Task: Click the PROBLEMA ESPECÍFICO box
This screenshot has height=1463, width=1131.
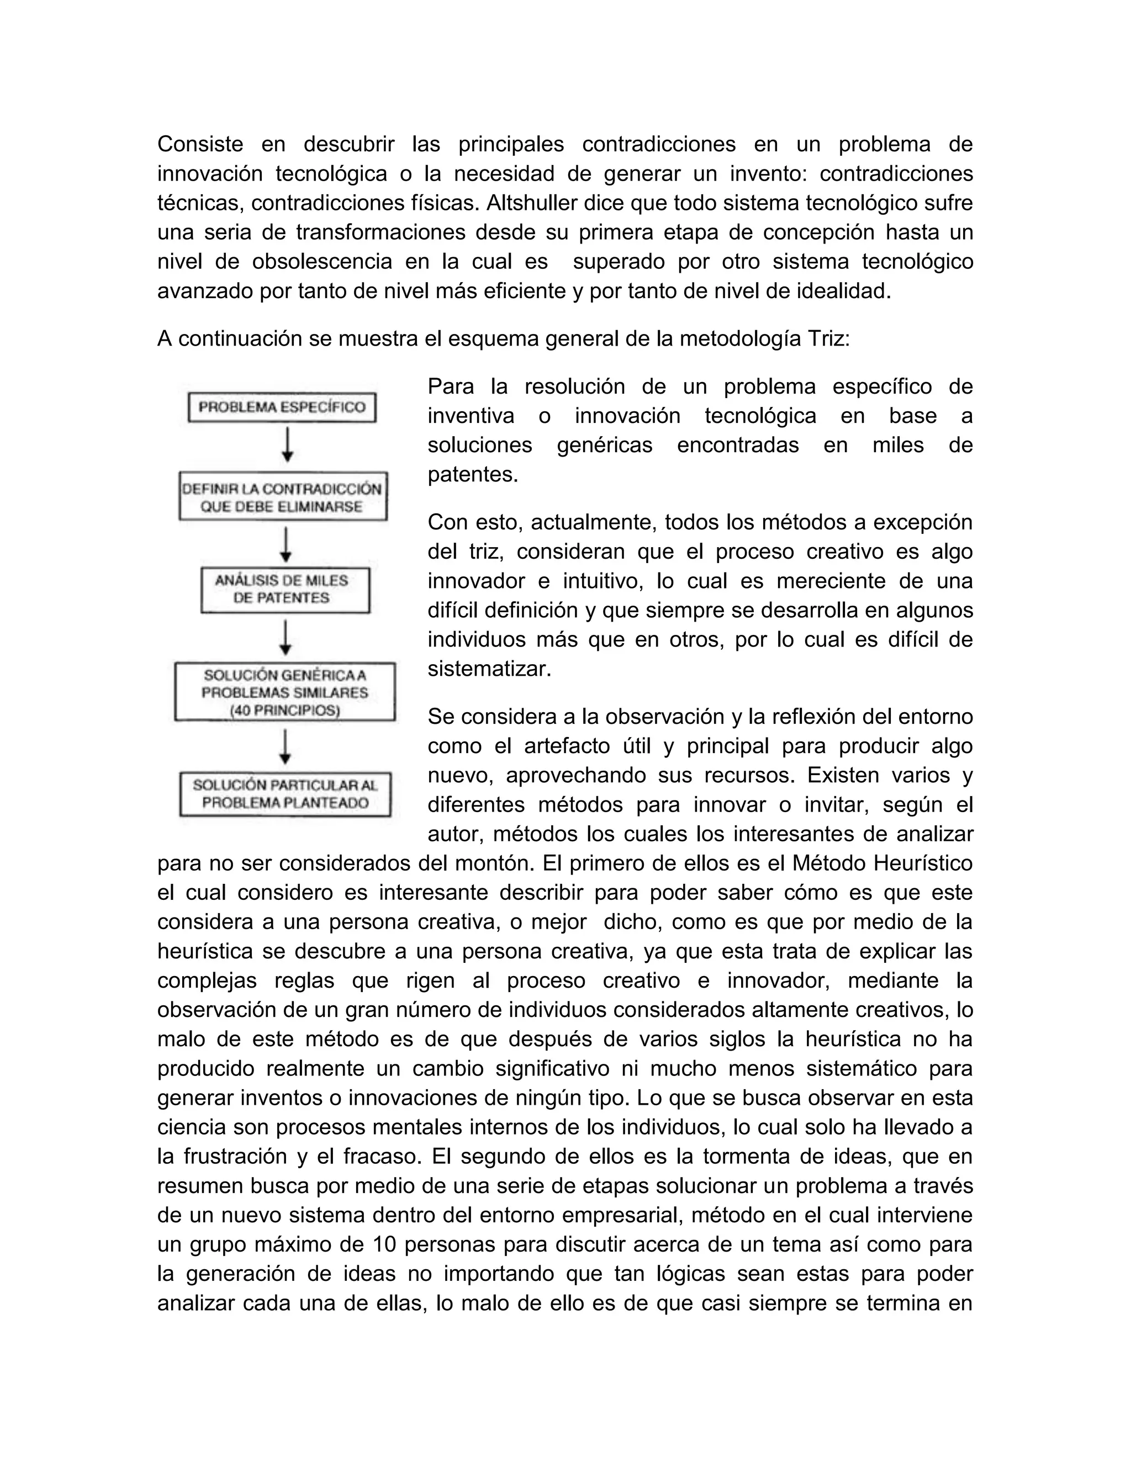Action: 282,407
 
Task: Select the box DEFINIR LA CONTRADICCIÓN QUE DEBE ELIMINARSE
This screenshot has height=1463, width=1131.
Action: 283,497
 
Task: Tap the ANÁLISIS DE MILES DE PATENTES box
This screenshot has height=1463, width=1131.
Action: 285,590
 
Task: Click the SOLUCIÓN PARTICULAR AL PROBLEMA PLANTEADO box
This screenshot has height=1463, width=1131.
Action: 285,794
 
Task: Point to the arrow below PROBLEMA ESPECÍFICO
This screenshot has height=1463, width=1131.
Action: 287,446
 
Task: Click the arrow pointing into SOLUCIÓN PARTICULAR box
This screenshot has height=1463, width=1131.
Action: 286,747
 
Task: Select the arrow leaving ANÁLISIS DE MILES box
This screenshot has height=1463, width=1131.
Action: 286,637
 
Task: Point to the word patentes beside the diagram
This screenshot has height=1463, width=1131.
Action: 473,474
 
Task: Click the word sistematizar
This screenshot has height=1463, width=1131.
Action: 489,669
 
